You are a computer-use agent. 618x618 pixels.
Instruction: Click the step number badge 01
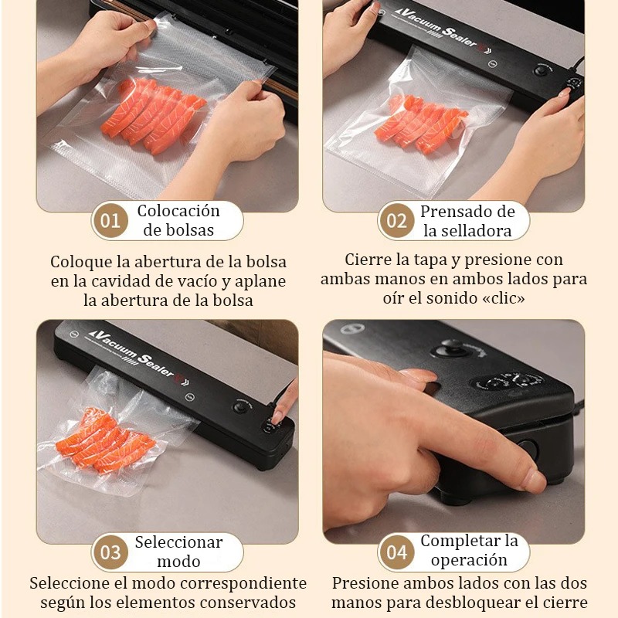[110, 222]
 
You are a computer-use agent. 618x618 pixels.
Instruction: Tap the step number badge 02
[396, 222]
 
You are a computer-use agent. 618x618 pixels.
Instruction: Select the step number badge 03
[110, 552]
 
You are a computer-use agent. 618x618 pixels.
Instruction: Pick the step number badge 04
[396, 552]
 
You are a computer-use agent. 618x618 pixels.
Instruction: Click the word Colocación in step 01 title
[178, 211]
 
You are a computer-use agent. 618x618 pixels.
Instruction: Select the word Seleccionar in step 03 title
[178, 542]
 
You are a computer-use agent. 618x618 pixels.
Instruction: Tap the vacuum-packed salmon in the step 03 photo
[104, 440]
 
